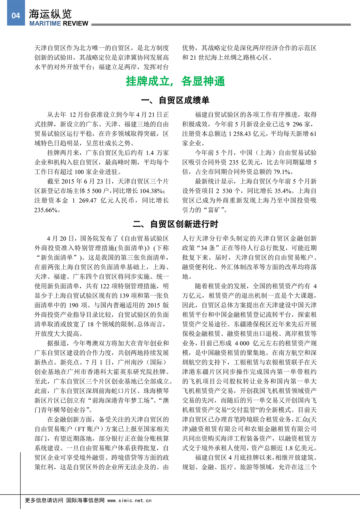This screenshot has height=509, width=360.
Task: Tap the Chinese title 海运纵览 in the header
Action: tap(50, 14)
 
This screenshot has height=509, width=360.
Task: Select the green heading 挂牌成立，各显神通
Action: tap(175, 81)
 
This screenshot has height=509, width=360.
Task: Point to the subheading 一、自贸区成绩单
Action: tap(175, 100)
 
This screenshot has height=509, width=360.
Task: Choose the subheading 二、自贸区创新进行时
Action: tap(175, 224)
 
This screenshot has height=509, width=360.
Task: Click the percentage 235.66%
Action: tap(46, 210)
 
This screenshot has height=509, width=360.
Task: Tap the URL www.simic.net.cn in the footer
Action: tap(129, 500)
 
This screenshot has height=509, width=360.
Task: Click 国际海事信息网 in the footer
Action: tap(85, 500)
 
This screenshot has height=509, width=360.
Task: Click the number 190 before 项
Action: tap(73, 305)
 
